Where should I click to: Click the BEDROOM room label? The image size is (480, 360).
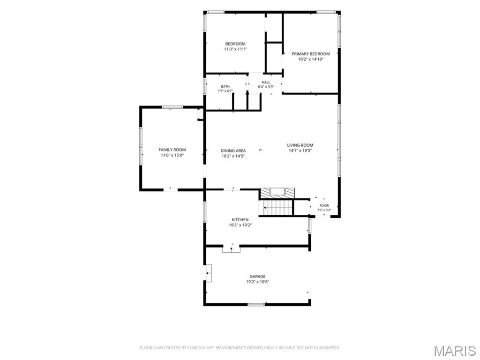pyautogui.click(x=235, y=44)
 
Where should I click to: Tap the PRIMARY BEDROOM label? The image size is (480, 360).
pyautogui.click(x=311, y=54)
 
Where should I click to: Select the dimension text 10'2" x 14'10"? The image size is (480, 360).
pyautogui.click(x=311, y=60)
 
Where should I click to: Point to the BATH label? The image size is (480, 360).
pyautogui.click(x=225, y=87)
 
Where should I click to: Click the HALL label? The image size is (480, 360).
pyautogui.click(x=266, y=82)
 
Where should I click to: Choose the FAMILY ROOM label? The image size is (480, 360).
pyautogui.click(x=172, y=150)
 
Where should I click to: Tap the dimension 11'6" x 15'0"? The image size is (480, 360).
pyautogui.click(x=172, y=155)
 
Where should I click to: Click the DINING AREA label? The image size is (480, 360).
pyautogui.click(x=233, y=150)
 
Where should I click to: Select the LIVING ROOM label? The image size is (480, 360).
pyautogui.click(x=300, y=145)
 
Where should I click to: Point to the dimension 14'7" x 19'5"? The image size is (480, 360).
pyautogui.click(x=300, y=150)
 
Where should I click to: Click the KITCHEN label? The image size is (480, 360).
pyautogui.click(x=240, y=219)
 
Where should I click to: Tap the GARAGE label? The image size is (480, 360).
pyautogui.click(x=257, y=277)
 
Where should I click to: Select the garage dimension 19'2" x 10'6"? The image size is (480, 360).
pyautogui.click(x=257, y=282)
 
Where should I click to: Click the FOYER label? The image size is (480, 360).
pyautogui.click(x=324, y=206)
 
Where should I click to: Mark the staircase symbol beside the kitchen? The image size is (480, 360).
pyautogui.click(x=277, y=208)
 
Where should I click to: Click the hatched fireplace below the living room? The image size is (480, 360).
pyautogui.click(x=277, y=193)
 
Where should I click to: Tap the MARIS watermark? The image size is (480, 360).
pyautogui.click(x=455, y=351)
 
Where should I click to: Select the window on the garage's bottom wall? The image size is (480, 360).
pyautogui.click(x=256, y=304)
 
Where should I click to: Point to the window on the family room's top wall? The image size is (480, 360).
pyautogui.click(x=172, y=107)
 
